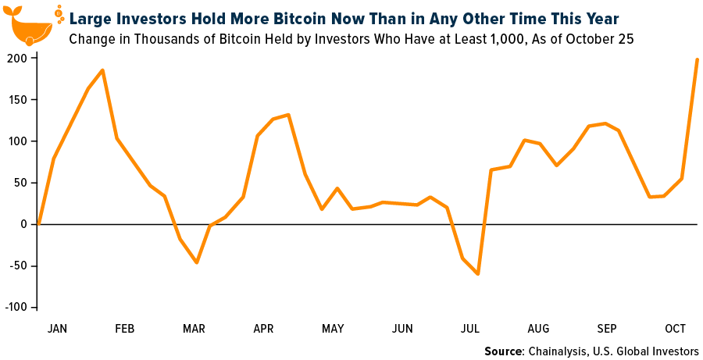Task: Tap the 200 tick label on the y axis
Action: click(17, 59)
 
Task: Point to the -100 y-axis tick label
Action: click(15, 307)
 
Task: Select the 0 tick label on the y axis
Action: click(24, 224)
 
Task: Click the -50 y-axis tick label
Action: click(17, 266)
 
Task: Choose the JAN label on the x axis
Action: click(57, 329)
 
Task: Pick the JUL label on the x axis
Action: click(471, 329)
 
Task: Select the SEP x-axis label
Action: click(607, 329)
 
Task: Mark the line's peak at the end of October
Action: click(697, 59)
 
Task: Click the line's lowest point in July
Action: click(477, 274)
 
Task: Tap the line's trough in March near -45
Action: click(196, 262)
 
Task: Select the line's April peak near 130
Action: click(288, 115)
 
